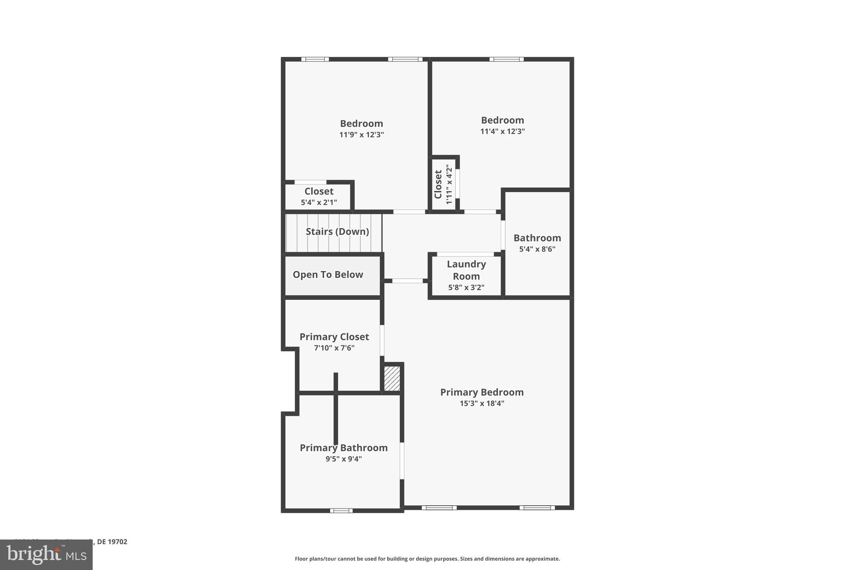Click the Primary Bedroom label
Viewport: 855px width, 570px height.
point(482,392)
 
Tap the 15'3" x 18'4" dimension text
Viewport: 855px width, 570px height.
point(482,403)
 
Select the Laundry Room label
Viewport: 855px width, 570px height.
point(466,270)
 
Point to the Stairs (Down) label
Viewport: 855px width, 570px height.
point(337,231)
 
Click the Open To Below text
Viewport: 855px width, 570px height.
point(328,274)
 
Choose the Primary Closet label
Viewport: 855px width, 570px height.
point(334,337)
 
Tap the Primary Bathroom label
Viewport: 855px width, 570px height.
point(344,448)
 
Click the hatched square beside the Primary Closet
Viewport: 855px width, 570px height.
point(392,379)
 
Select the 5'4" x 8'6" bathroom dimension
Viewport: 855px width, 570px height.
point(537,249)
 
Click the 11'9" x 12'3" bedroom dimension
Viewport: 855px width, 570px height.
point(362,135)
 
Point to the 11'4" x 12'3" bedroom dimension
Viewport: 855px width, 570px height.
point(502,132)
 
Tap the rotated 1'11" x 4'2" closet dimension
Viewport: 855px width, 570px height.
point(449,184)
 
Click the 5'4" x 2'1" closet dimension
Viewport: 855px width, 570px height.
point(319,203)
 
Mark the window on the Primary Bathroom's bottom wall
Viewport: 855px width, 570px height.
point(341,510)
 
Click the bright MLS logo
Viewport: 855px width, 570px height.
point(46,555)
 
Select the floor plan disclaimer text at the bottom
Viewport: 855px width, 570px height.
point(427,559)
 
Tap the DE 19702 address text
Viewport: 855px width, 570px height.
point(112,542)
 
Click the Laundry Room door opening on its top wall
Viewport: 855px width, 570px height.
point(465,254)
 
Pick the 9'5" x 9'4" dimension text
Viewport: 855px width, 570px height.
point(344,459)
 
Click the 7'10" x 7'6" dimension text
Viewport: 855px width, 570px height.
point(334,348)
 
